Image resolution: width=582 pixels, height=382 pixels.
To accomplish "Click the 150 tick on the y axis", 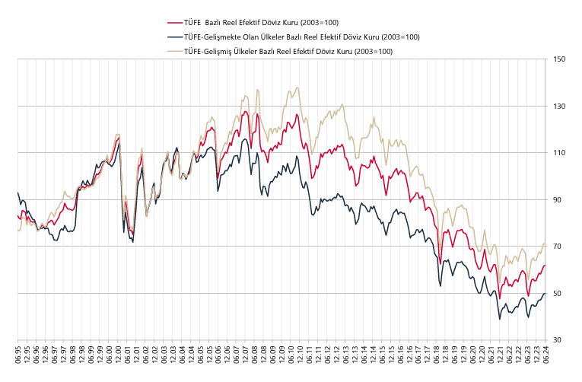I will click(x=561, y=59).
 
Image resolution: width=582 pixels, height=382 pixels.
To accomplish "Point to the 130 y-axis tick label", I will click(x=561, y=106).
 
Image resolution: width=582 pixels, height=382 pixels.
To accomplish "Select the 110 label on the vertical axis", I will click(x=561, y=153).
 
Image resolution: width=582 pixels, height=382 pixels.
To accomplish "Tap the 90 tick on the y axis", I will click(x=559, y=200).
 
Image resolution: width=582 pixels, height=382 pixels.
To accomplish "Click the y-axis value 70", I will click(x=559, y=247).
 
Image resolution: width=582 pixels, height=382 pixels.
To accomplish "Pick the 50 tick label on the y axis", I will click(x=559, y=294).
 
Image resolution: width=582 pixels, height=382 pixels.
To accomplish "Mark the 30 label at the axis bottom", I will click(x=559, y=340).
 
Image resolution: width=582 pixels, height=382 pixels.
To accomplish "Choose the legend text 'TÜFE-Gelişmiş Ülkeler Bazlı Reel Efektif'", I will click(x=288, y=51).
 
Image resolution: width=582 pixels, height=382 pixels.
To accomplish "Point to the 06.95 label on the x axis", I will click(x=17, y=355).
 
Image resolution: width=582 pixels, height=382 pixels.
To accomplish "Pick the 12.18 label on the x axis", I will click(x=446, y=355).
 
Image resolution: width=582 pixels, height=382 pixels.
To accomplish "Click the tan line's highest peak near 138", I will click(x=297, y=88).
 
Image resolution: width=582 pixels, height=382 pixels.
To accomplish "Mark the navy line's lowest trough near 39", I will click(x=500, y=319).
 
